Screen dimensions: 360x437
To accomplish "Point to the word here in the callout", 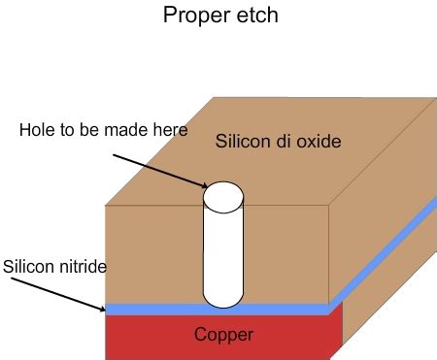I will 167,130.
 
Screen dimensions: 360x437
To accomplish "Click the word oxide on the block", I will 316,143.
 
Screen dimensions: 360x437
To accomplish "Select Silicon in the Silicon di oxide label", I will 241,143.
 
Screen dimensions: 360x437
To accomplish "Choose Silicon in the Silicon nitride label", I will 29,266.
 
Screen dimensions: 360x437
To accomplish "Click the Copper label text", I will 223,335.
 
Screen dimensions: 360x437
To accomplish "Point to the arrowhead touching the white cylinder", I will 203,185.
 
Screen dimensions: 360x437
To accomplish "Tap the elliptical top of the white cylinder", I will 222,197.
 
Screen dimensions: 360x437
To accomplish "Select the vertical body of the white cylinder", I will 222,252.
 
